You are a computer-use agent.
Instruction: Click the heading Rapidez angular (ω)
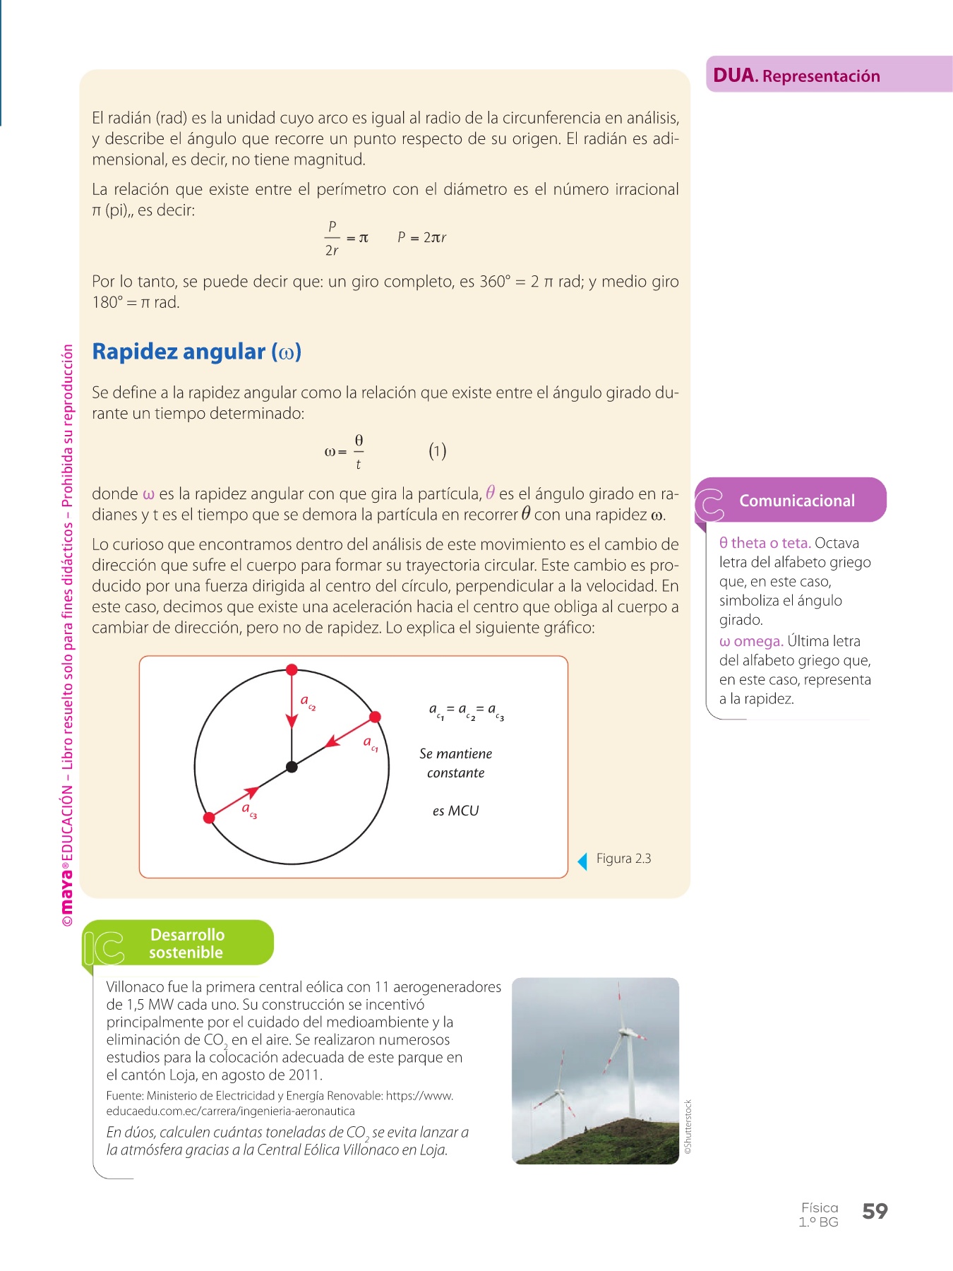(197, 352)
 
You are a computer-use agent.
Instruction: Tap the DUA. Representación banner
(796, 76)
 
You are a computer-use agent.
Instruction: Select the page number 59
(875, 1212)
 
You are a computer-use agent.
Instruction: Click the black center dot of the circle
(292, 767)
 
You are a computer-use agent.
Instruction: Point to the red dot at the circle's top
(292, 669)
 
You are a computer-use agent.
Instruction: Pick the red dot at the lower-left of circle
(209, 818)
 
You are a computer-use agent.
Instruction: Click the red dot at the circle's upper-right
(376, 717)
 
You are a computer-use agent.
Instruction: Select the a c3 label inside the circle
(249, 809)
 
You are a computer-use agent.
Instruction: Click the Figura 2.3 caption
(623, 859)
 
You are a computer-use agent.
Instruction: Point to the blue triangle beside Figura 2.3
(582, 861)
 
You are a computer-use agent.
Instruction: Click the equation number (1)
(438, 451)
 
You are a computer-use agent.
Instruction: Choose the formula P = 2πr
(421, 238)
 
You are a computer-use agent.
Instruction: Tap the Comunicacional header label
(796, 501)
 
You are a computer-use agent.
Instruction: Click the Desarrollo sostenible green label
(186, 943)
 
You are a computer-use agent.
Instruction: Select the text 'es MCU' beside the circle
(455, 811)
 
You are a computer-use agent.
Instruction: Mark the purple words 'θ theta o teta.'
(765, 543)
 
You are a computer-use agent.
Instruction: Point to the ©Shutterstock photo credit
(688, 1127)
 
